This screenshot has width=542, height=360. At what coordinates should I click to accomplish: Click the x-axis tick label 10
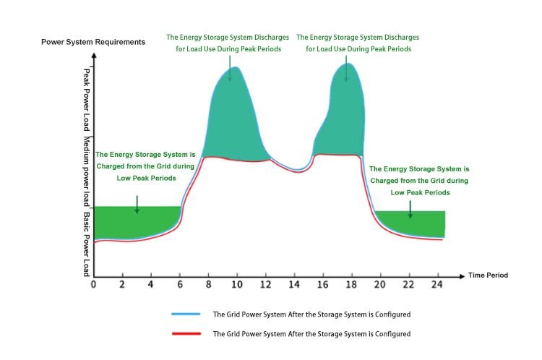236,285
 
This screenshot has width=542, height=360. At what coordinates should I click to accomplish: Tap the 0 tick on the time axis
93,285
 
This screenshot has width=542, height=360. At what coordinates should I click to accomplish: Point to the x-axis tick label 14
294,285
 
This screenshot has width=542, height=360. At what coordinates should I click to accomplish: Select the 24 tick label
437,285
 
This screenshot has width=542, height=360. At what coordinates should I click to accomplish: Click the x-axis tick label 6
179,285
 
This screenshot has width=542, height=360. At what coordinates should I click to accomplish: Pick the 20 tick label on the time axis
380,285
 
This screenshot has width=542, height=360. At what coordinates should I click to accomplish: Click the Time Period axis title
488,275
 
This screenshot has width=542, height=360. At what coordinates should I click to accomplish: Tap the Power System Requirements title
93,42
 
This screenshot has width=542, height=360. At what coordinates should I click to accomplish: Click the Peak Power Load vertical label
87,99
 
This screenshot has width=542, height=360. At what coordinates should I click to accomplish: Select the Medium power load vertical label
87,171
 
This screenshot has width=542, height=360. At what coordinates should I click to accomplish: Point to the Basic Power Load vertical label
87,243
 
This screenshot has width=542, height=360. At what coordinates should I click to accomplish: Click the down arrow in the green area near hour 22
410,209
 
